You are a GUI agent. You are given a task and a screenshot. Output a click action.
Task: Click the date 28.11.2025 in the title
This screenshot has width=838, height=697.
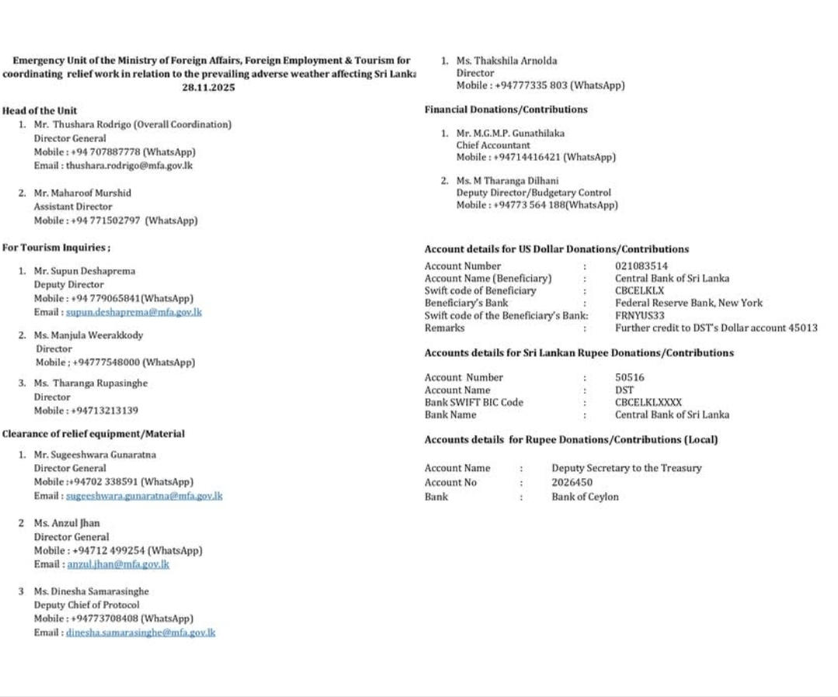(x=208, y=88)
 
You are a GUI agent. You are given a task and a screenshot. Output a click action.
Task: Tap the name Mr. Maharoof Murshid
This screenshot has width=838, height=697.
(x=82, y=192)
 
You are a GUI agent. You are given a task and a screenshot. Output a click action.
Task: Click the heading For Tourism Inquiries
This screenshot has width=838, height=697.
(x=57, y=248)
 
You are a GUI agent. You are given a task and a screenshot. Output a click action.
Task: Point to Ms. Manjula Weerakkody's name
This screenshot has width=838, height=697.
(x=88, y=335)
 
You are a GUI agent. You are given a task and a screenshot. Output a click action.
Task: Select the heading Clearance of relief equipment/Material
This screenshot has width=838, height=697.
(x=93, y=434)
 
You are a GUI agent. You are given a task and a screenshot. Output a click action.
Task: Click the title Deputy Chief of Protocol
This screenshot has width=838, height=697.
(x=86, y=605)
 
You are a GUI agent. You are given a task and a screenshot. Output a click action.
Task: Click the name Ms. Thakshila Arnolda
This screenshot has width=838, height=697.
(x=506, y=61)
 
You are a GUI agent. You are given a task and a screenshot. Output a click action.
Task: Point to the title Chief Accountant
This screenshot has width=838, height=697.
(x=493, y=145)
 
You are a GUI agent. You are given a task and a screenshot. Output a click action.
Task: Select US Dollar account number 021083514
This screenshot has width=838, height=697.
(x=641, y=266)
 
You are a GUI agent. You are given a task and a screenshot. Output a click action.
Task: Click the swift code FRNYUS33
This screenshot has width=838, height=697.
(x=639, y=316)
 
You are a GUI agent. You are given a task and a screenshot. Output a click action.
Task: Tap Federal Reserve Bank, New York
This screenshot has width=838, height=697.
(x=689, y=303)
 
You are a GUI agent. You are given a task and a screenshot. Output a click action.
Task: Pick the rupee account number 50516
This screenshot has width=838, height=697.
(x=629, y=378)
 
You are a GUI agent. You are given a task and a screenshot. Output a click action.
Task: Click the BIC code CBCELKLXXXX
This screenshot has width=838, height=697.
(x=648, y=403)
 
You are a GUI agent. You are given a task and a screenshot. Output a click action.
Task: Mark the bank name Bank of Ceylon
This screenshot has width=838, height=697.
(x=585, y=497)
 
